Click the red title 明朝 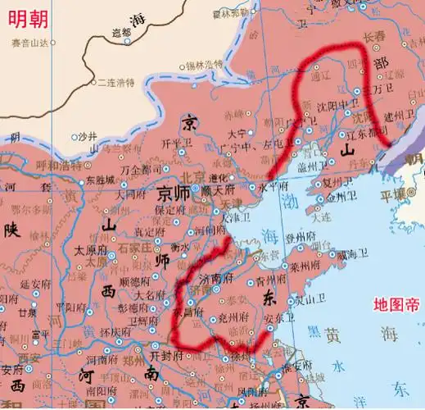(30, 15)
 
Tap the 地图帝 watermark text (396, 304)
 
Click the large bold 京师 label (177, 194)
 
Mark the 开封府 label (171, 356)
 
